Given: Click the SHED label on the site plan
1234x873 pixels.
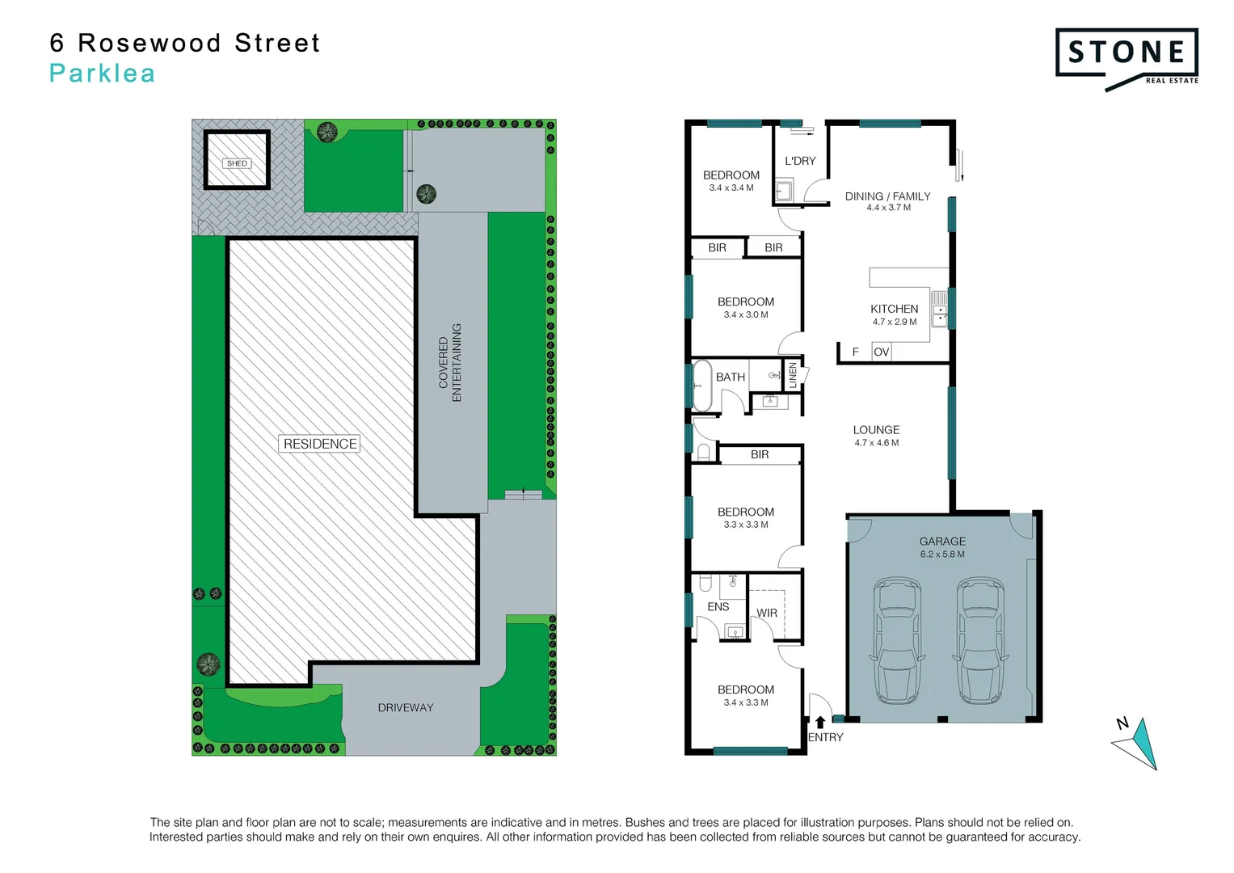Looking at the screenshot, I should tap(237, 163).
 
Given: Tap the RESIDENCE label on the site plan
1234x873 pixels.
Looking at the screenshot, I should tap(320, 444).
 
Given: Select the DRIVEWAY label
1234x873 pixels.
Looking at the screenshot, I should tap(406, 707).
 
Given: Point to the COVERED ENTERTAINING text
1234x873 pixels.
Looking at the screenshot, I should tap(450, 362).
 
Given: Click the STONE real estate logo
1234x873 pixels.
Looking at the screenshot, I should tap(1127, 57).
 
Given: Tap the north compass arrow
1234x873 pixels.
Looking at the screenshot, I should tap(1140, 743).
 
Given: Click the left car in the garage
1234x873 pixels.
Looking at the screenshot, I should tap(898, 640).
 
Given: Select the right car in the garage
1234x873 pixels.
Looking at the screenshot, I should tap(981, 640).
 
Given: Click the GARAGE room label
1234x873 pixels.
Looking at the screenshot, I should tap(942, 542).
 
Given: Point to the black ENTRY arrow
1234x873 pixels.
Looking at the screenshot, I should tap(820, 722).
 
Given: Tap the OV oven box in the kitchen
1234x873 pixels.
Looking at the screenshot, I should tap(881, 352).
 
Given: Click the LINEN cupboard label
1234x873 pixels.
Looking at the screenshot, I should tap(793, 375).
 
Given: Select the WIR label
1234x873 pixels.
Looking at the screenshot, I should tap(767, 614).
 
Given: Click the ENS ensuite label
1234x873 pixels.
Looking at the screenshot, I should tap(718, 606).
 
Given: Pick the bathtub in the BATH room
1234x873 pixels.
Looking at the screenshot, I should tap(701, 386).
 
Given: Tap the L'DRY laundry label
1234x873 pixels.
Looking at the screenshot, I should tap(800, 161).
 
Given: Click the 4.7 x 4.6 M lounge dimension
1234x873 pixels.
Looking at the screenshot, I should tap(876, 443).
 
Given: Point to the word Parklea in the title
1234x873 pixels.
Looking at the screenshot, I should tap(102, 74).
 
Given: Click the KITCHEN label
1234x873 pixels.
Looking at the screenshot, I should tap(894, 309).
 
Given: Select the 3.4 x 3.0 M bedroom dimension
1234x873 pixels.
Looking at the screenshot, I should tap(745, 315).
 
